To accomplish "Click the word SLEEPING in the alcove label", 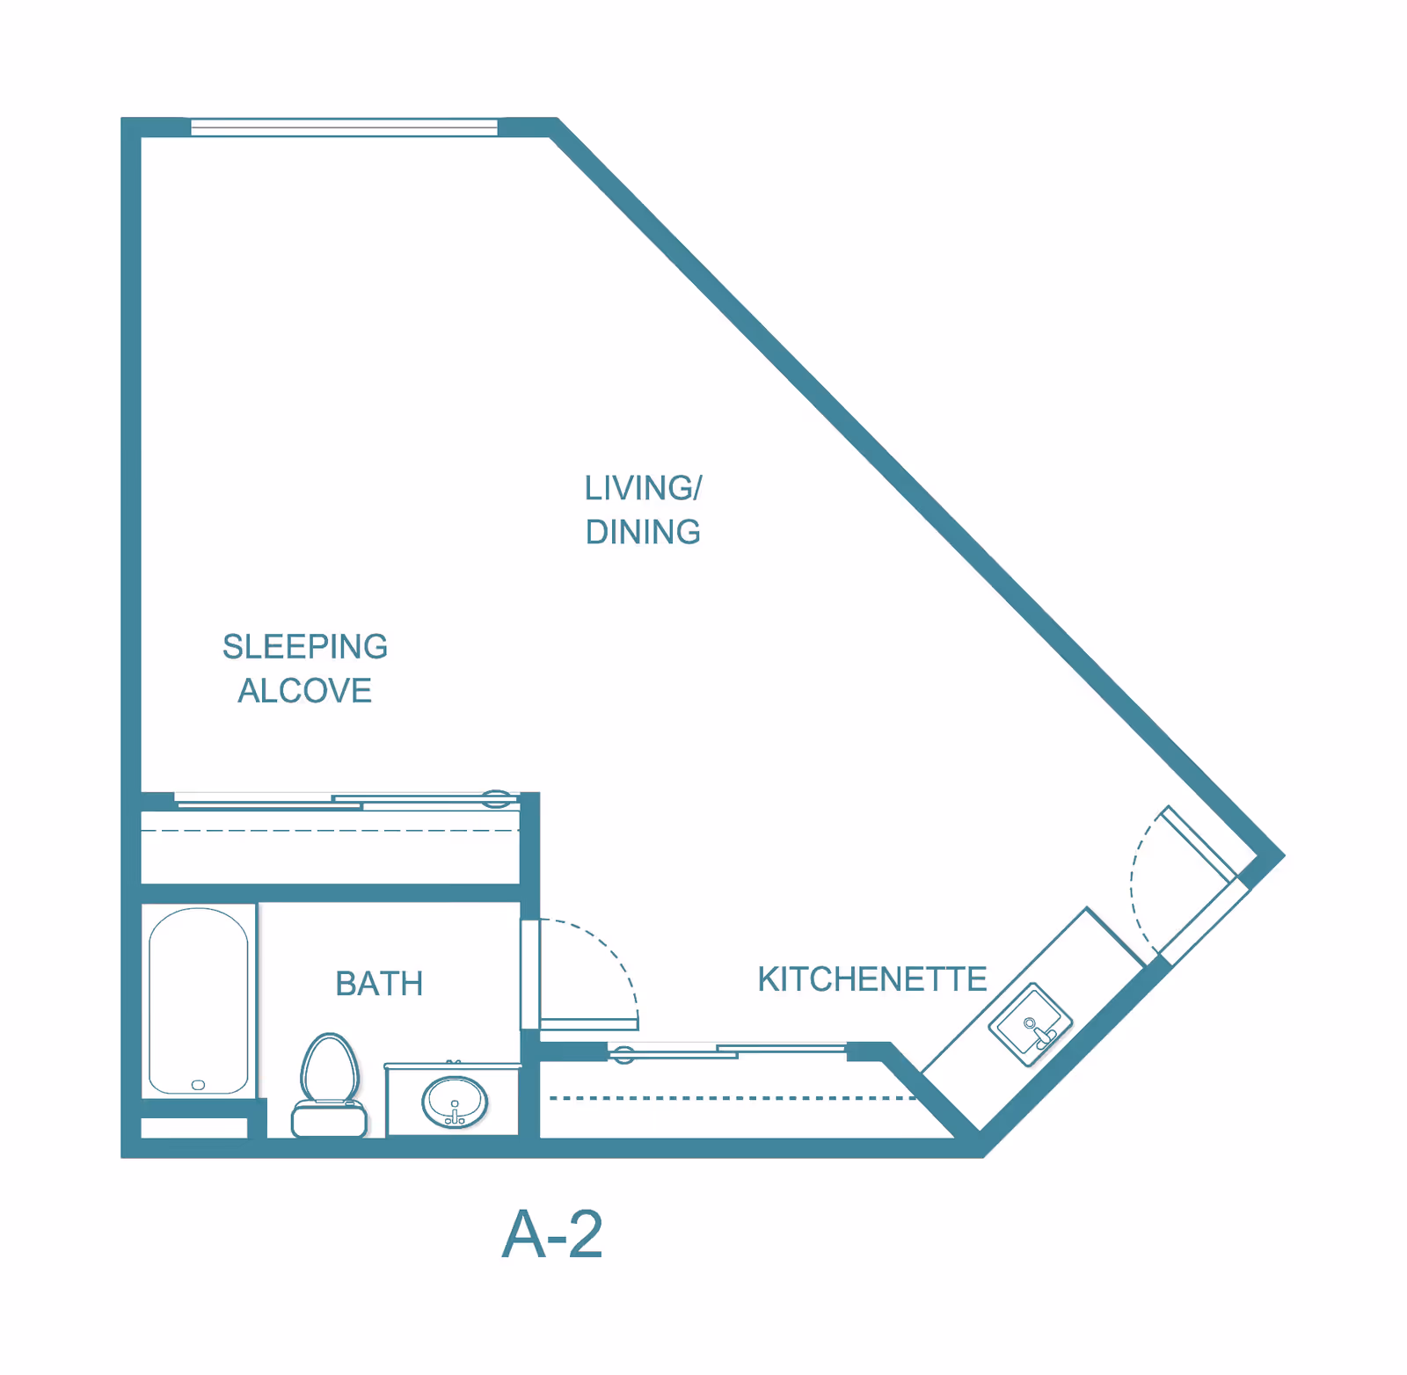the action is [x=305, y=647].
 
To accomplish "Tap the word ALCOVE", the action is [x=305, y=691].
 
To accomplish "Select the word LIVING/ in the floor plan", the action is [x=644, y=489].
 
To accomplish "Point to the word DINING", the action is [x=644, y=533].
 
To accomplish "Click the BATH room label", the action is [x=379, y=984].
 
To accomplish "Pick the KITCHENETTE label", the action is [x=872, y=979].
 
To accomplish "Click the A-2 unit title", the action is [x=552, y=1235].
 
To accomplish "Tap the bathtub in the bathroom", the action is [x=199, y=1000].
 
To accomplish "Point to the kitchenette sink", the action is [x=1031, y=1024].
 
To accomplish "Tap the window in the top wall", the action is [x=344, y=127].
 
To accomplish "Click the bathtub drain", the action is [x=198, y=1085].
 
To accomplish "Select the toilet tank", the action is [x=329, y=1122].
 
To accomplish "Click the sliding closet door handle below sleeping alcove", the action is [x=496, y=798].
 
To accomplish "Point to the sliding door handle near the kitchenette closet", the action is [x=623, y=1053].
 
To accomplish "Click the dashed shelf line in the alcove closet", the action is [x=331, y=831].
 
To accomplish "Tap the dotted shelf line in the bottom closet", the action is [x=733, y=1098].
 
